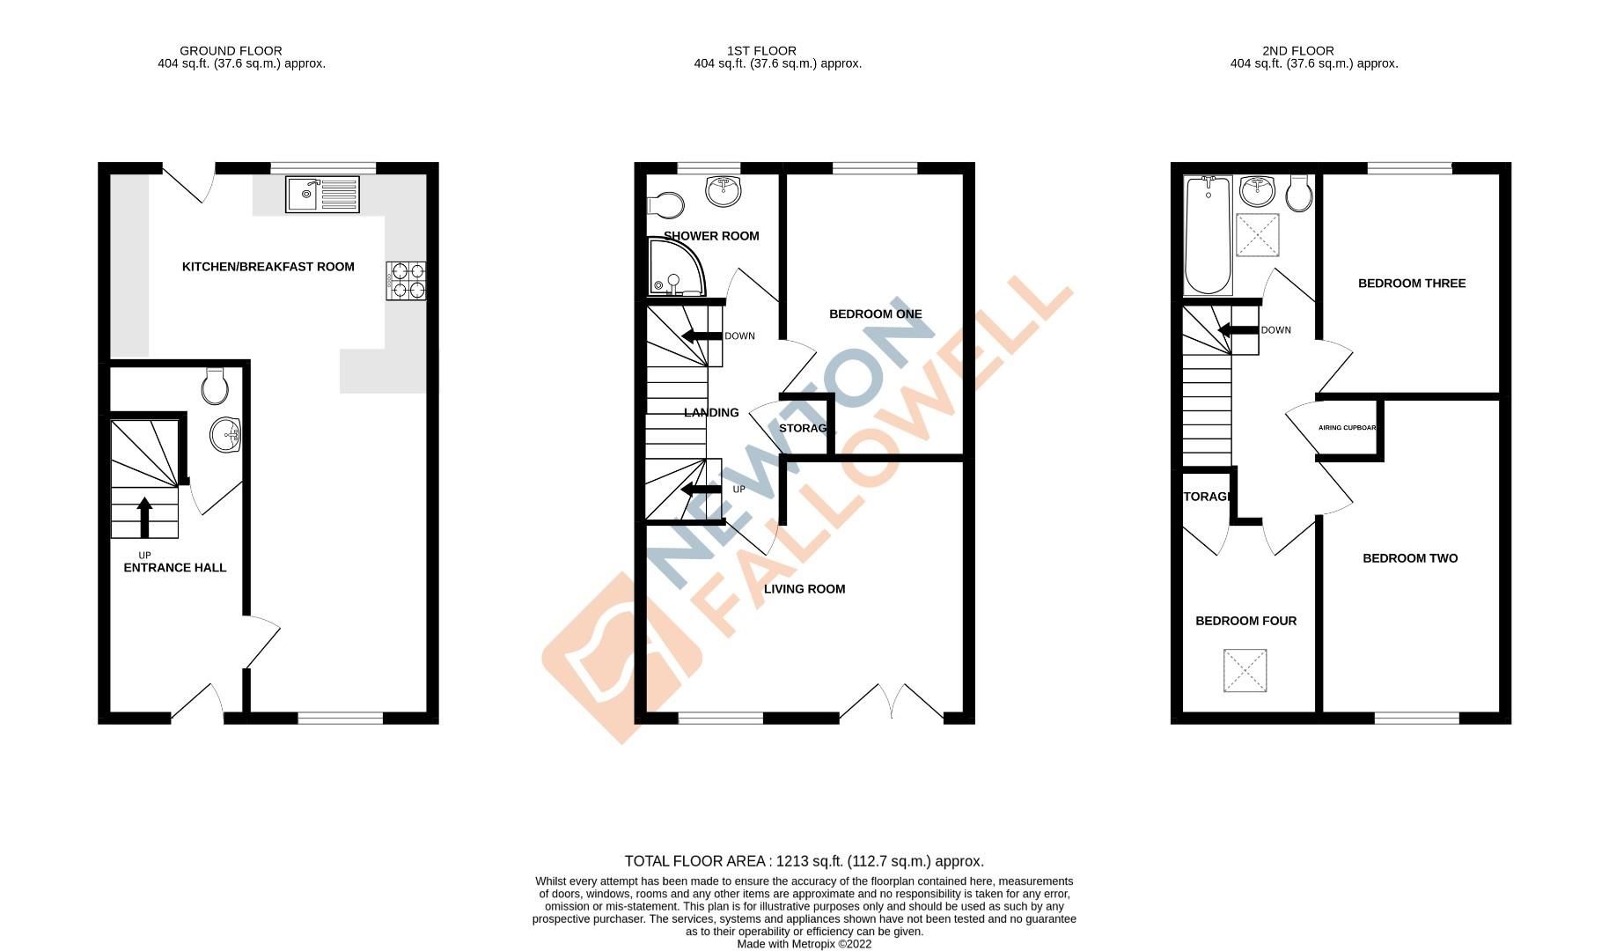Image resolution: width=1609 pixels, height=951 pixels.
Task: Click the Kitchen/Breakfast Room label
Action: (268, 267)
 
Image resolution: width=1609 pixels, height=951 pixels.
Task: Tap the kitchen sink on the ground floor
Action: (322, 194)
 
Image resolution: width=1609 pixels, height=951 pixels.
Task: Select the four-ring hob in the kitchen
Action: (407, 280)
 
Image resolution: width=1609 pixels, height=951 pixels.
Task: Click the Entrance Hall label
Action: (174, 568)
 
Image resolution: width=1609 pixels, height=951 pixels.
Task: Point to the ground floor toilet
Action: (216, 385)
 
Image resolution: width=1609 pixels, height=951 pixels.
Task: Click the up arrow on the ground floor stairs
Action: (144, 517)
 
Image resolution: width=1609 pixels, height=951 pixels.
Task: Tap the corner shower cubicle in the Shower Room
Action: (674, 268)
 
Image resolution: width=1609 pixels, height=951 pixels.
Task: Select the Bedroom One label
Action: (875, 314)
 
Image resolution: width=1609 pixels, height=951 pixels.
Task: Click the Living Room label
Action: (804, 589)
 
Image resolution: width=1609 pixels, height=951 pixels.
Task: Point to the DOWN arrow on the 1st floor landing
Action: (702, 335)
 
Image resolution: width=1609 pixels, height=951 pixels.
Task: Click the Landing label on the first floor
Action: (711, 412)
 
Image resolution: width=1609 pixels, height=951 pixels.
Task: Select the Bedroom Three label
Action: (1411, 284)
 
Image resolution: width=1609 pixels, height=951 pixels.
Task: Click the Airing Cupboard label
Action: (1347, 428)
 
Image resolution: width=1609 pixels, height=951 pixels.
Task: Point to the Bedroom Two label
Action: (1410, 558)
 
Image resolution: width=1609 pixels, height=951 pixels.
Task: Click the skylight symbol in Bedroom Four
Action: (1245, 671)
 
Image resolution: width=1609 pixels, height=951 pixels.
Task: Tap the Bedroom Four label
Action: (1245, 621)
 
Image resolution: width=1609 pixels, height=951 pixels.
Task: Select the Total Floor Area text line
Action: (804, 861)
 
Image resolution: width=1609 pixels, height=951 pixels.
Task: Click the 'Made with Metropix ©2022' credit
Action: (804, 944)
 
